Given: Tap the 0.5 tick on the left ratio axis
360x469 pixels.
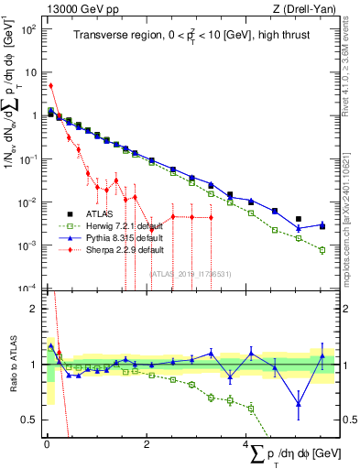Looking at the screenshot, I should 32,420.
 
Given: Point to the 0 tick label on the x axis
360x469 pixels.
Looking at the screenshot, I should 46,444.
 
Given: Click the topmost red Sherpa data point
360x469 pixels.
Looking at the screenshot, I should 50,86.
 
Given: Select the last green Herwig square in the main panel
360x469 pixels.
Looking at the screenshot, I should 322,249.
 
